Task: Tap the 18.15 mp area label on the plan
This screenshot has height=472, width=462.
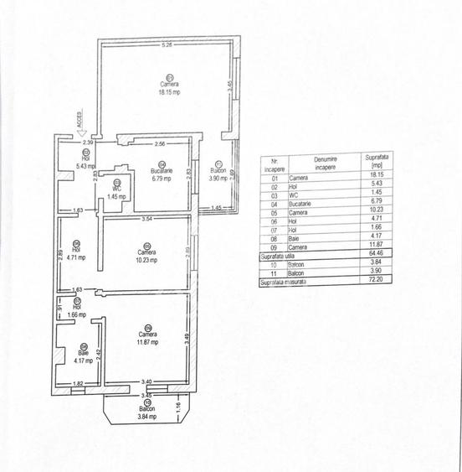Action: pos(170,92)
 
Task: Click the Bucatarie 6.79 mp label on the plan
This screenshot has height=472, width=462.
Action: pos(162,174)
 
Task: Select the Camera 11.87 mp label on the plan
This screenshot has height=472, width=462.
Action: pos(147,339)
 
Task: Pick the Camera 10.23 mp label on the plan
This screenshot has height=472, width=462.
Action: pos(146,257)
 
